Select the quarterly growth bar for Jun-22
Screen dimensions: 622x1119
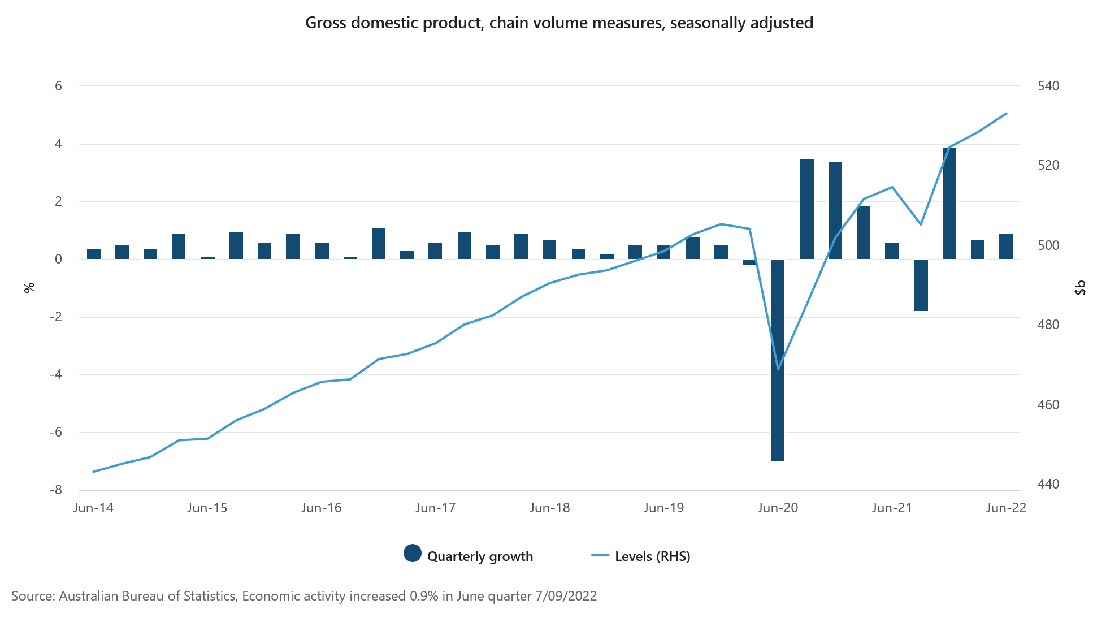[1006, 247]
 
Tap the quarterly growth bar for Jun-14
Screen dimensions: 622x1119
[94, 254]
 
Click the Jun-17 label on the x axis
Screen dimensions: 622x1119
[435, 508]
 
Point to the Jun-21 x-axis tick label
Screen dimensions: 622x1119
[892, 508]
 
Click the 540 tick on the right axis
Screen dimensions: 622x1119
[1048, 86]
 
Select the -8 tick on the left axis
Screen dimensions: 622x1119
[55, 490]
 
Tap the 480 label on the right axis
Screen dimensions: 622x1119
[1048, 325]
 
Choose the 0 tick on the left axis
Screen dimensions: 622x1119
[58, 259]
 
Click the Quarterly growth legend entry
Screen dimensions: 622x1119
[479, 556]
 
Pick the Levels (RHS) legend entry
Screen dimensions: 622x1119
[652, 556]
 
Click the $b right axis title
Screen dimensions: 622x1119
[1080, 287]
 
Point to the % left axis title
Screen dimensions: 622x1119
[29, 287]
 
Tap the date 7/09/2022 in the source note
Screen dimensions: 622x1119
[566, 596]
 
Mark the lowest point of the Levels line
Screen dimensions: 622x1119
[778, 369]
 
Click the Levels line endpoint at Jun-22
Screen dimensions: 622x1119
[1007, 113]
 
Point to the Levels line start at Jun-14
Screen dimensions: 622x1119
[93, 471]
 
